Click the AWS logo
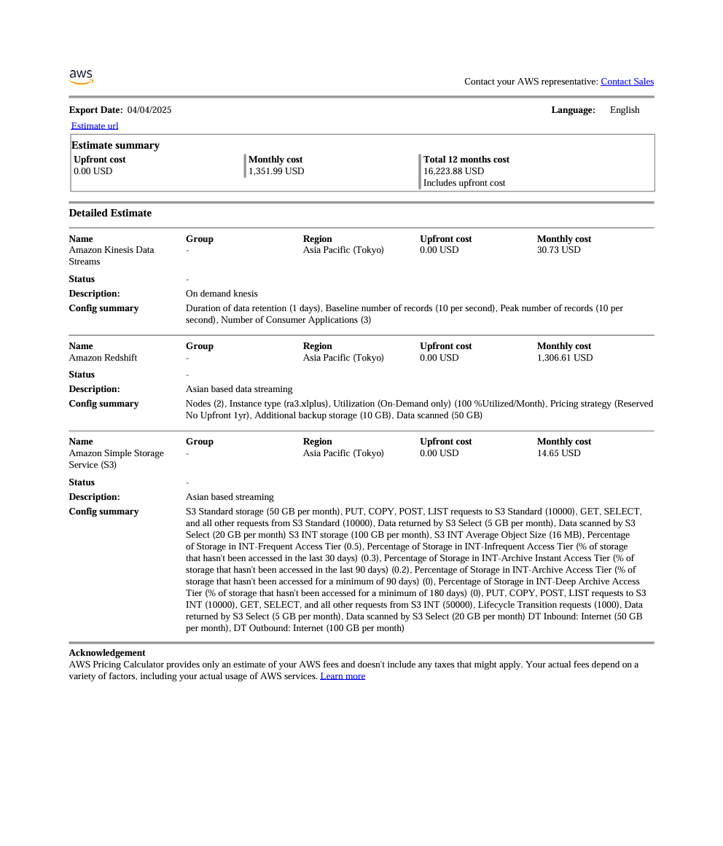coord(81,77)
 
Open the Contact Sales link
coord(627,82)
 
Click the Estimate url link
coord(95,126)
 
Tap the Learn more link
coord(343,676)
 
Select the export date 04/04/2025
coord(149,110)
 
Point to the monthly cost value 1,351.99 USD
coord(276,171)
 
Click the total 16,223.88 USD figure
coord(453,171)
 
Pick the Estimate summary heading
coord(115,145)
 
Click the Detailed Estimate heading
coord(110,213)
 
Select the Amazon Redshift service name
coord(103,358)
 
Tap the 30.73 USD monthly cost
coord(558,250)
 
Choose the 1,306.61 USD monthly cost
coord(565,358)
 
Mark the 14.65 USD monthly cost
coord(558,453)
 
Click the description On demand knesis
coord(222,294)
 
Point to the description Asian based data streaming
coord(239,389)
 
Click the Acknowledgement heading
coord(107,653)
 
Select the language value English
coord(625,110)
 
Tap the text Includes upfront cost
coord(464,183)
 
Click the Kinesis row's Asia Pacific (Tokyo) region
coord(343,250)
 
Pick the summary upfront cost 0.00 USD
coord(93,171)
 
